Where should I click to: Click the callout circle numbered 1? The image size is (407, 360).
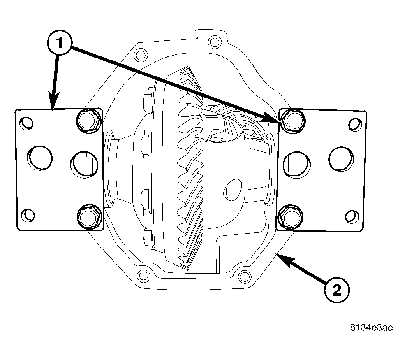point(60,43)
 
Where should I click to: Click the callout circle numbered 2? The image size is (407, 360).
point(337,290)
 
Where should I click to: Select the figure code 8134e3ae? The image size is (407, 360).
point(372,328)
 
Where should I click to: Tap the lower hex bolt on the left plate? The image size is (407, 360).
point(89,217)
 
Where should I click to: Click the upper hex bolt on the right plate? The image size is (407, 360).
point(292,121)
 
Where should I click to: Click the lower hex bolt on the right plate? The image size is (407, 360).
point(291,217)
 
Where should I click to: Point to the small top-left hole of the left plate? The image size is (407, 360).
point(26,123)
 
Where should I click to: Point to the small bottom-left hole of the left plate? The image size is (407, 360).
point(28,215)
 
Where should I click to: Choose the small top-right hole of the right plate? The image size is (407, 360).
point(355,125)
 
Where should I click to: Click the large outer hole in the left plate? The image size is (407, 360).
point(40,158)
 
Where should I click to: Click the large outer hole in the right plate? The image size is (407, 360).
point(341,159)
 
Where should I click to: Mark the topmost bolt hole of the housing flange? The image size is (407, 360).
point(215,42)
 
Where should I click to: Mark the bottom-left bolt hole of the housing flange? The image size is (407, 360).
point(143,276)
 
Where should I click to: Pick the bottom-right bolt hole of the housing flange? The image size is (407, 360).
point(245,277)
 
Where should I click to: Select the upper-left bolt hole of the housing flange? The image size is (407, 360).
point(141,55)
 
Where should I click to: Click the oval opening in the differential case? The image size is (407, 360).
point(233,190)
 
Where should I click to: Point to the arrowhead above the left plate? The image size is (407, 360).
point(53,102)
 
